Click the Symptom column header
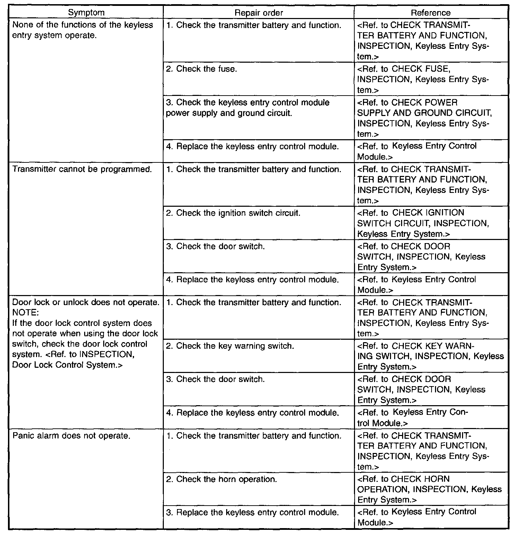[86, 13]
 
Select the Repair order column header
[258, 13]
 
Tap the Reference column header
[431, 13]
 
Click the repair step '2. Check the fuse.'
[202, 69]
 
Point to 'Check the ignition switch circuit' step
[233, 213]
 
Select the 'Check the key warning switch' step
[230, 346]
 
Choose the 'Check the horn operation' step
[222, 479]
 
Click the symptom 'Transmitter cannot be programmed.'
[82, 169]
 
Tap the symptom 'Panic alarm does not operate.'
[71, 436]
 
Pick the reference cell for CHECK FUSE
[423, 79]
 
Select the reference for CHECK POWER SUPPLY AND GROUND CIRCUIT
[424, 118]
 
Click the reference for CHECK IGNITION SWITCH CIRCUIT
[423, 223]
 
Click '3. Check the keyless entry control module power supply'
[248, 108]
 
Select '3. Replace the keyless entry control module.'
[252, 513]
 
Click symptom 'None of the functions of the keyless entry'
[82, 30]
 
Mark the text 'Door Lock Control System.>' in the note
[68, 365]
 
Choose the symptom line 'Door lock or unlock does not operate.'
[86, 302]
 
